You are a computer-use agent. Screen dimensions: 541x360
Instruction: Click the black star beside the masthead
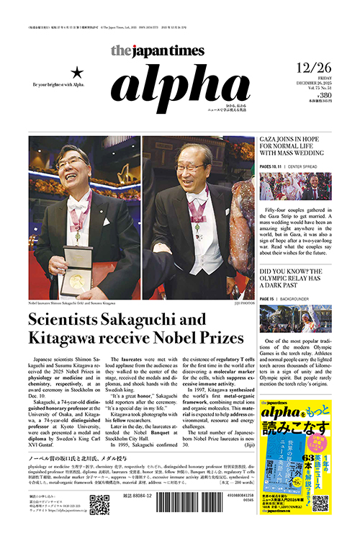[x=78, y=72]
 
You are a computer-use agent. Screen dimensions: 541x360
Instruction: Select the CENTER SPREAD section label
[x=311, y=167]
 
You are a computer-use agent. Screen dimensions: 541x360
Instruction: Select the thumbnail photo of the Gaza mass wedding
[x=295, y=186]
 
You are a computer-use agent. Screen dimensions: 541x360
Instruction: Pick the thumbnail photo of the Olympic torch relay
[x=295, y=318]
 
